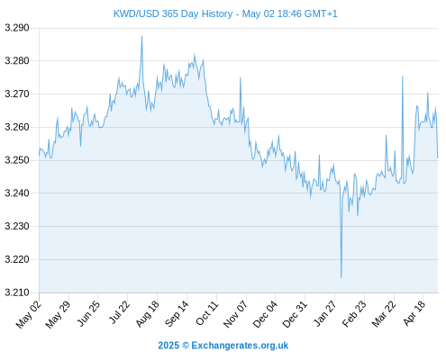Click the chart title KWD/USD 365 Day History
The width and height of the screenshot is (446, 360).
point(173,13)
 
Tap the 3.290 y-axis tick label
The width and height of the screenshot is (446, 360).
point(17,28)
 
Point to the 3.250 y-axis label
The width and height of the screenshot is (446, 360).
point(17,160)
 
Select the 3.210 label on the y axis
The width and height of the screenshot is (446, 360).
point(17,292)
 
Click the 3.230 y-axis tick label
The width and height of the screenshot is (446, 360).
point(17,226)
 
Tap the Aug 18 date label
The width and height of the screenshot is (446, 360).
point(147,314)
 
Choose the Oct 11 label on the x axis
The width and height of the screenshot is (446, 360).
point(206,313)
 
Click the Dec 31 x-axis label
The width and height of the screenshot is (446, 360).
point(295,314)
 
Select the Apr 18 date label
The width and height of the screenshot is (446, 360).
point(414,313)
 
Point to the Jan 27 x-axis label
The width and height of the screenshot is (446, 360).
point(324,314)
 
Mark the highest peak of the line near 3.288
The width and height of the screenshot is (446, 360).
point(141,36)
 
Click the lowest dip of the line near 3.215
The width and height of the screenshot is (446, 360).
point(341,277)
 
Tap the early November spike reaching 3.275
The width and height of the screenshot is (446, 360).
point(241,78)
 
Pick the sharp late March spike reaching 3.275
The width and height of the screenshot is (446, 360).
point(403,76)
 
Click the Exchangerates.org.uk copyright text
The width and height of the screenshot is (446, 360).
point(223,346)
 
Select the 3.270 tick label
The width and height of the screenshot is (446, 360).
point(17,94)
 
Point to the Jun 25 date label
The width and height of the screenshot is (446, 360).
point(87,314)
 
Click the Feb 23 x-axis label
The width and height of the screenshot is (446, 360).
point(354,314)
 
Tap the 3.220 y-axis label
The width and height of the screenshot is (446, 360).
point(17,259)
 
